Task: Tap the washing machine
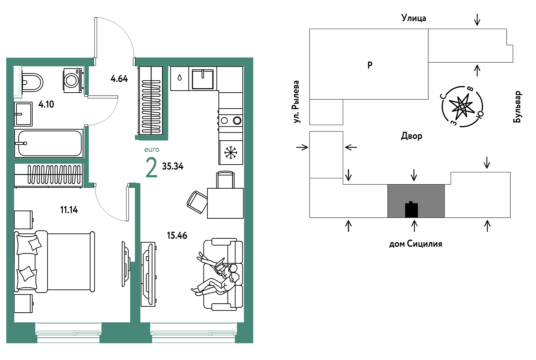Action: pos(73,80)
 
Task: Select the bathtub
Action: pos(49,143)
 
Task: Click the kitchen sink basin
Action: pos(202,79)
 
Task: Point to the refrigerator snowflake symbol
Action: pos(231,153)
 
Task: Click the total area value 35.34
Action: pos(173,166)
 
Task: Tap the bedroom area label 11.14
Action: pos(69,210)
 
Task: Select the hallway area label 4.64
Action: pos(119,79)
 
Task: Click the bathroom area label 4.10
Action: pos(46,104)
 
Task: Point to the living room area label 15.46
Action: pos(177,236)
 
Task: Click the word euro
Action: pos(152,150)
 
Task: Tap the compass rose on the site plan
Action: pos(462,106)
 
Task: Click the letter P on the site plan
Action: pos(370,65)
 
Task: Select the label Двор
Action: pos(412,136)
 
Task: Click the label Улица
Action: pos(414,18)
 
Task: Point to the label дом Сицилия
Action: pos(416,244)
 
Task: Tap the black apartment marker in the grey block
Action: pos(411,209)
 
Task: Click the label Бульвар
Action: pos(517,107)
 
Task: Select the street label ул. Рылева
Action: pos(297,102)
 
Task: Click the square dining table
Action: pos(225,203)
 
